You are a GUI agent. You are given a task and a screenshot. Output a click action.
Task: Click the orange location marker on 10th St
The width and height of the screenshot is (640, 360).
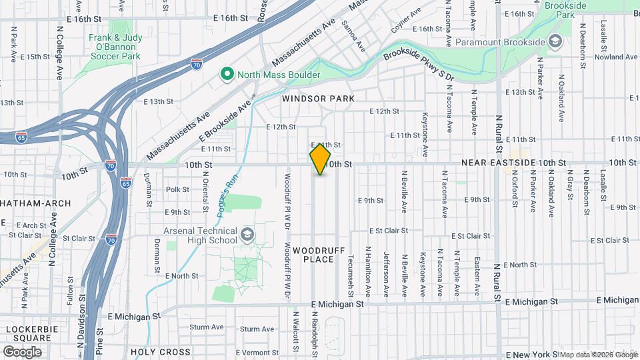point(321,159)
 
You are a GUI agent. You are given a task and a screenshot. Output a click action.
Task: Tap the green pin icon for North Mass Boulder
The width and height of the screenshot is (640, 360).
point(227,74)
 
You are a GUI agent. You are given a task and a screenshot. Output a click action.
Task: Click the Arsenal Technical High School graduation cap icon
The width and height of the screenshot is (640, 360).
point(247,234)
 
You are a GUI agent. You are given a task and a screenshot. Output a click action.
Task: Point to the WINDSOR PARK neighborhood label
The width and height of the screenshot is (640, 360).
point(317,99)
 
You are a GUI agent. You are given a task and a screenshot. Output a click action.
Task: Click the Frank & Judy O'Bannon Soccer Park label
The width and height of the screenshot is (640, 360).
point(115,47)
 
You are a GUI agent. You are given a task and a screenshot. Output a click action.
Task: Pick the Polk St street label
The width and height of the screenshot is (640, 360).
point(177,189)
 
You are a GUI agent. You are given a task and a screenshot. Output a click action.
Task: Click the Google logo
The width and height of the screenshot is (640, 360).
point(22,351)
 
